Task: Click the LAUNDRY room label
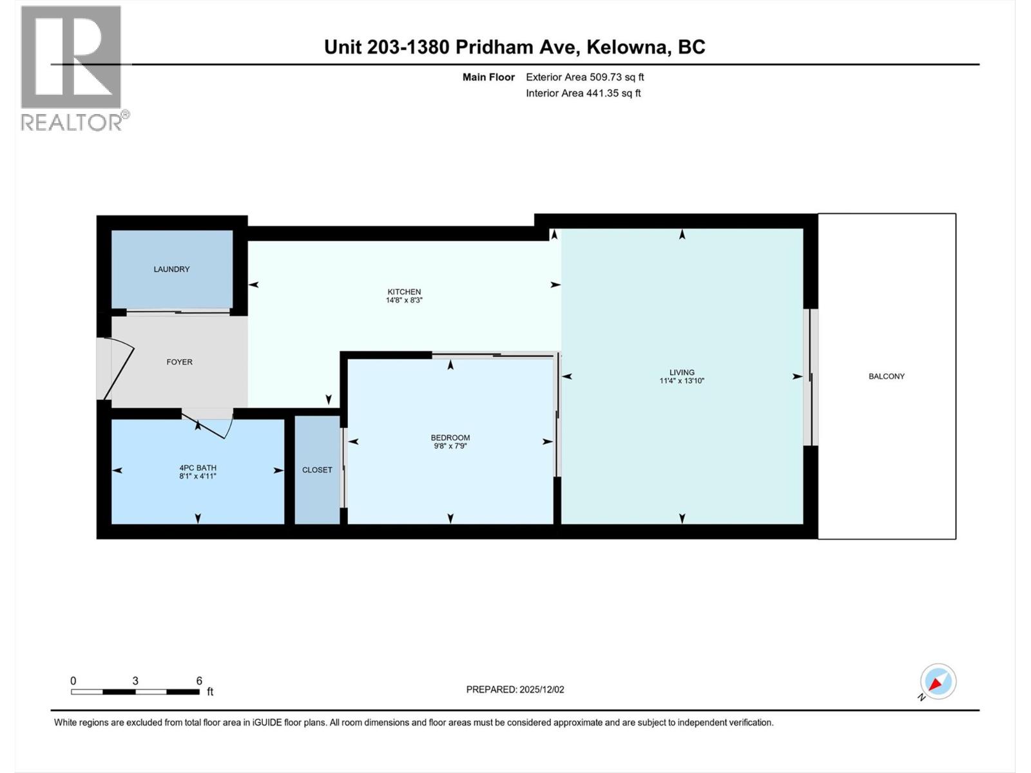click(x=171, y=269)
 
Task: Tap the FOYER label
click(x=179, y=362)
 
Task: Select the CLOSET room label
click(x=317, y=470)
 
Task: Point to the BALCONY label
click(x=887, y=376)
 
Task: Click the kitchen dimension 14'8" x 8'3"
click(x=404, y=300)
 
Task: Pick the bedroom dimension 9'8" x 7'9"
click(x=450, y=446)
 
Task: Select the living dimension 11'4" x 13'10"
click(x=682, y=381)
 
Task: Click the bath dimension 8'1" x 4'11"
click(x=197, y=476)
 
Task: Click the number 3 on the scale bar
click(x=135, y=681)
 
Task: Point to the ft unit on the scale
click(x=210, y=692)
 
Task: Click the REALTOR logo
click(x=72, y=68)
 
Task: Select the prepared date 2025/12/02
click(x=539, y=689)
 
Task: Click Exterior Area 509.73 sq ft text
click(x=584, y=77)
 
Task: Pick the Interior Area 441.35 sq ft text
click(x=583, y=93)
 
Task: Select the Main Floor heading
click(x=488, y=77)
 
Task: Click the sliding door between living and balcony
click(x=813, y=377)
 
